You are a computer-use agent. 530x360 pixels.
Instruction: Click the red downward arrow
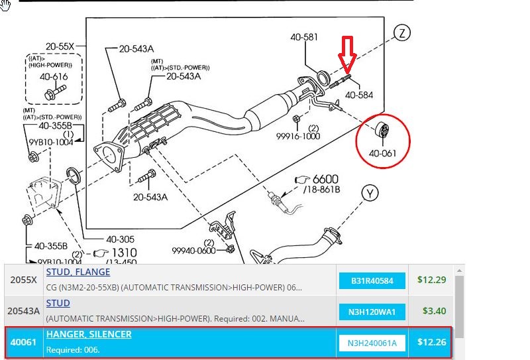coord(347,55)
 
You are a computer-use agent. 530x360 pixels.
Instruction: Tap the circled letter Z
coord(402,33)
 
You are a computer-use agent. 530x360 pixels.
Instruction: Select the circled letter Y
coord(370,194)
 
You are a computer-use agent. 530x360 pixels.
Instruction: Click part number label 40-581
coord(304,37)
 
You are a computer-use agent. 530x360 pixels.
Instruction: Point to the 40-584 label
coord(359,95)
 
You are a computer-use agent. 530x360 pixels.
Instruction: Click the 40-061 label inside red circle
coord(382,153)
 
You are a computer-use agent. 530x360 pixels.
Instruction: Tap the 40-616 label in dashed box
coord(54,77)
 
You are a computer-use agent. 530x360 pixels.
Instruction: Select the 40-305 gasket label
coord(121,239)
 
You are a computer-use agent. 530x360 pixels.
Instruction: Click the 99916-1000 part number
coord(298,136)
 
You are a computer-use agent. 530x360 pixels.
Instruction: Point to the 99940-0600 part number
coord(193,251)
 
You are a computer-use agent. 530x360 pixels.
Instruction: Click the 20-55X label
coord(60,46)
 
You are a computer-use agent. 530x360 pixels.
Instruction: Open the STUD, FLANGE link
coord(78,272)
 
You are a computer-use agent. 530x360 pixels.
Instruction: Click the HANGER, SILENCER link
coord(89,334)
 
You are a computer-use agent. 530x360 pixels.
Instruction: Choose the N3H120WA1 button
coord(372,312)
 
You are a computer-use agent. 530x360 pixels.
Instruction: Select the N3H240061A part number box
coord(372,343)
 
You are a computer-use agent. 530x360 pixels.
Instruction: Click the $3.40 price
coord(435,311)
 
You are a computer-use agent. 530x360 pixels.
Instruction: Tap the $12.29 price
coord(432,280)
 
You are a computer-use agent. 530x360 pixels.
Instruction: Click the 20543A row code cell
coord(24,311)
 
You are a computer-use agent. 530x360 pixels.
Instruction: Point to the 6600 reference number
coord(325,179)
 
